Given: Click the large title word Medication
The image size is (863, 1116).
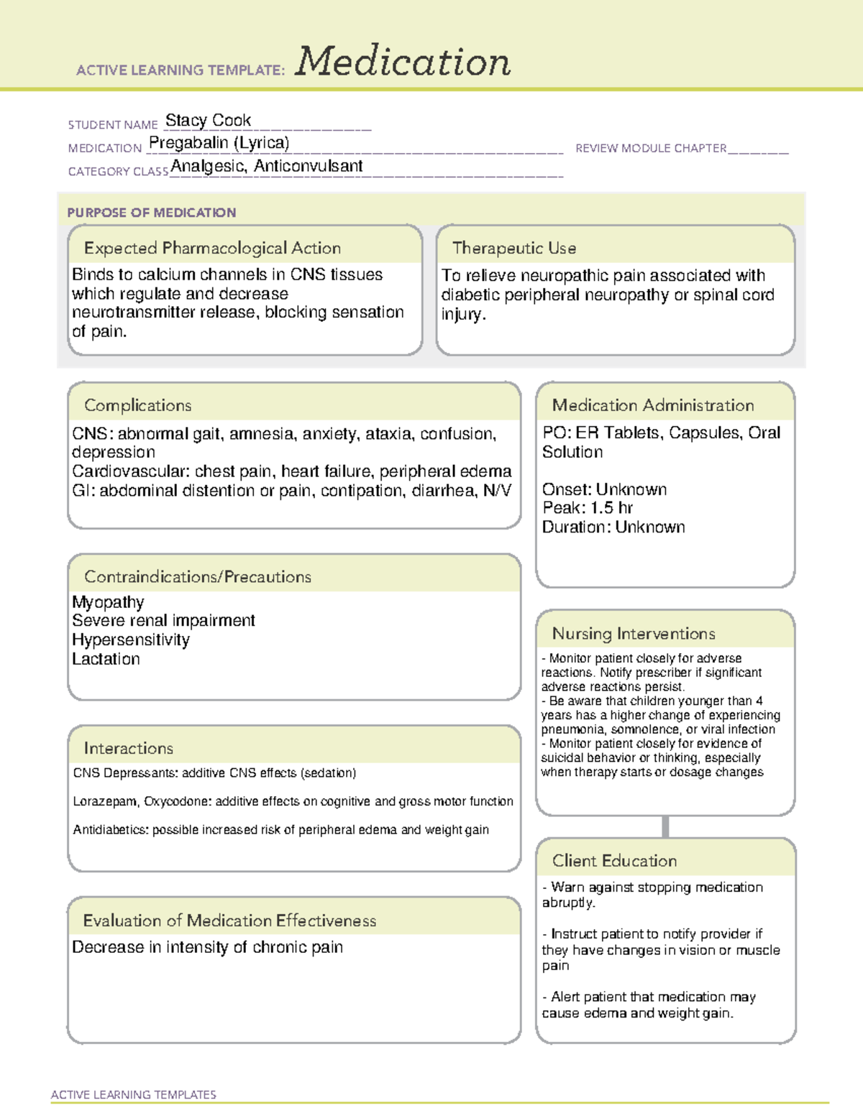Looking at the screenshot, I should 403,62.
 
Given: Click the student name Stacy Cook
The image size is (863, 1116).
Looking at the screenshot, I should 208,120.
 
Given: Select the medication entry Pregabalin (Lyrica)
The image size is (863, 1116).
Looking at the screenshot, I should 219,143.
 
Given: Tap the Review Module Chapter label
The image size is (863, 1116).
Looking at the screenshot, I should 651,148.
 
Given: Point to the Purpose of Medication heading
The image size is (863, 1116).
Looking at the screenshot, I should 152,213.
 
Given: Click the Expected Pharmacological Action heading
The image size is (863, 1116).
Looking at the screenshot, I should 212,248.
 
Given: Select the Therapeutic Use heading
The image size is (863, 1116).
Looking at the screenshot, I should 514,248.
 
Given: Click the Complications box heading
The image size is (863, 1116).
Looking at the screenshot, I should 138,405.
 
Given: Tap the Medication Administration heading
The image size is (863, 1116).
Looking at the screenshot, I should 653,405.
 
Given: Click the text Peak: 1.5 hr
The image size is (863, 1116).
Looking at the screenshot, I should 588,508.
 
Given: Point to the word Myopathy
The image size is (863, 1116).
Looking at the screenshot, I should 108,601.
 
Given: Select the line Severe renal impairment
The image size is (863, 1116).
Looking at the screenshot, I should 163,620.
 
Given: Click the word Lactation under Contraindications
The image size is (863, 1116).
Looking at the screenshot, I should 106,659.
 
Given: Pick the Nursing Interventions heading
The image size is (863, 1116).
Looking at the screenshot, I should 634,634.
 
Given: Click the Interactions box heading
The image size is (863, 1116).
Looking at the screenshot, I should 129,748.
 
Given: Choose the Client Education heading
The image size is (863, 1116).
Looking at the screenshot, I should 614,861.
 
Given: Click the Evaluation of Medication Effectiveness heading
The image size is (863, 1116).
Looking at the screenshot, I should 229,921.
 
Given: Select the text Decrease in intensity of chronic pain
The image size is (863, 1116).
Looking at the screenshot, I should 207,947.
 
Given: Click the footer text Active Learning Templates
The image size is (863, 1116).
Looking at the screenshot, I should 134,1094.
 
